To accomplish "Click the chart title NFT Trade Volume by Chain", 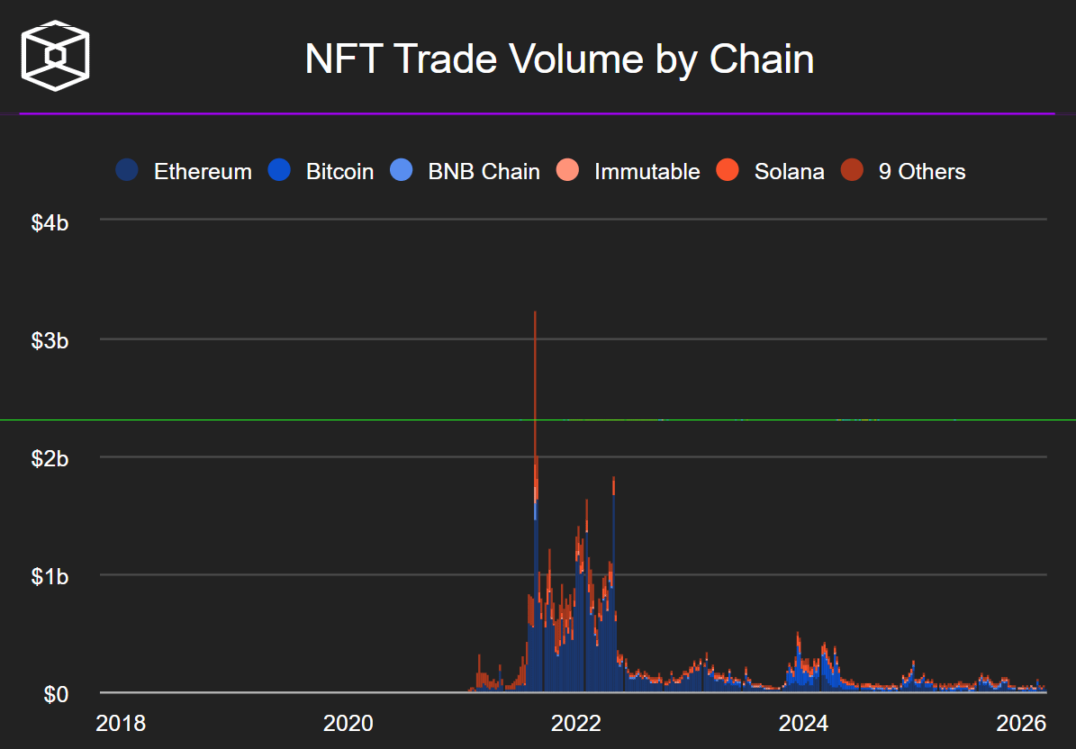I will coord(559,60).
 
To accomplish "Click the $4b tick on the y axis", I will coord(50,221).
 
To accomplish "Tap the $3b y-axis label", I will coord(50,340).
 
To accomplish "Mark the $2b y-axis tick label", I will coord(50,458).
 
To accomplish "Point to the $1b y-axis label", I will coord(50,576).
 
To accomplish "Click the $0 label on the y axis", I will coord(56,694).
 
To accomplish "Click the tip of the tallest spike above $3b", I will coord(535,312).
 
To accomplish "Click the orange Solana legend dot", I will coord(728,171).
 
